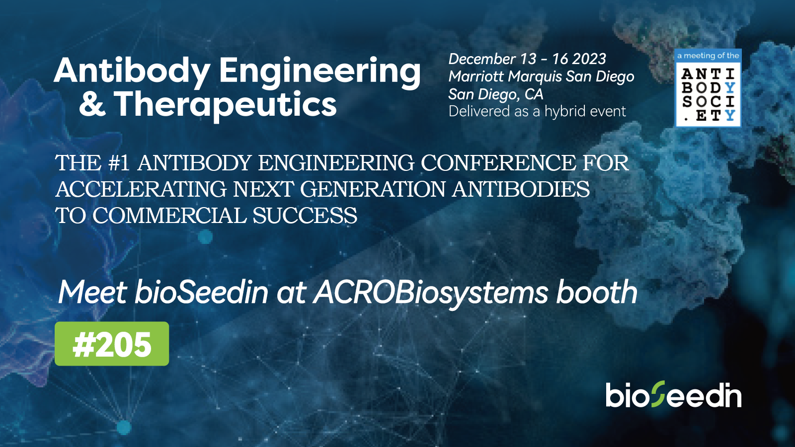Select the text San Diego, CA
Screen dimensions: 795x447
(x=496, y=94)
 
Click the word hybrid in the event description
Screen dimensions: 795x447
(x=563, y=112)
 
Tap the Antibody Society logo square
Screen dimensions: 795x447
(x=708, y=94)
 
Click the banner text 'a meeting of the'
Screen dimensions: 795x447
(x=708, y=56)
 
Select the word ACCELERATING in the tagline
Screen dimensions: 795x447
(x=141, y=189)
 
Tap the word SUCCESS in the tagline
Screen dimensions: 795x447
(x=305, y=216)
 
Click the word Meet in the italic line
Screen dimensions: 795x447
(x=92, y=292)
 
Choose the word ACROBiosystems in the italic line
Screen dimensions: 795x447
(x=430, y=294)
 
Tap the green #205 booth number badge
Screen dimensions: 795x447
(x=112, y=344)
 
